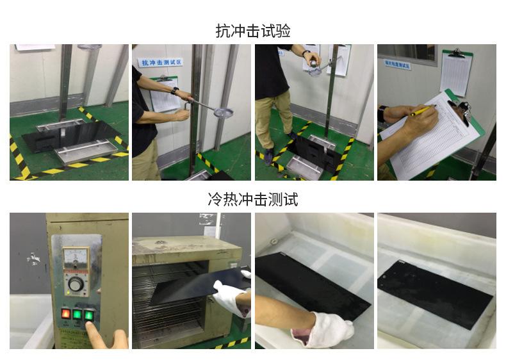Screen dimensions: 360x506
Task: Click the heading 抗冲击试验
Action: point(253,31)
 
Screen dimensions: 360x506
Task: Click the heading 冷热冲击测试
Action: point(253,199)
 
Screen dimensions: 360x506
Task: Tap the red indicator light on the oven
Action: point(65,314)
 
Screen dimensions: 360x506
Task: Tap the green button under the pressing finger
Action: point(89,315)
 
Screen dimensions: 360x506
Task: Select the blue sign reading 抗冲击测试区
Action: point(161,63)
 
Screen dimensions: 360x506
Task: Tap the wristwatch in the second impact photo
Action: point(175,91)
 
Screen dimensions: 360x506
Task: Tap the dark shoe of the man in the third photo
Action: point(270,155)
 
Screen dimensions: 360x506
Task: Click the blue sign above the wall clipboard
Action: point(398,65)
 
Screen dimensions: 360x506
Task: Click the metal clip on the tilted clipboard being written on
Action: point(460,106)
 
